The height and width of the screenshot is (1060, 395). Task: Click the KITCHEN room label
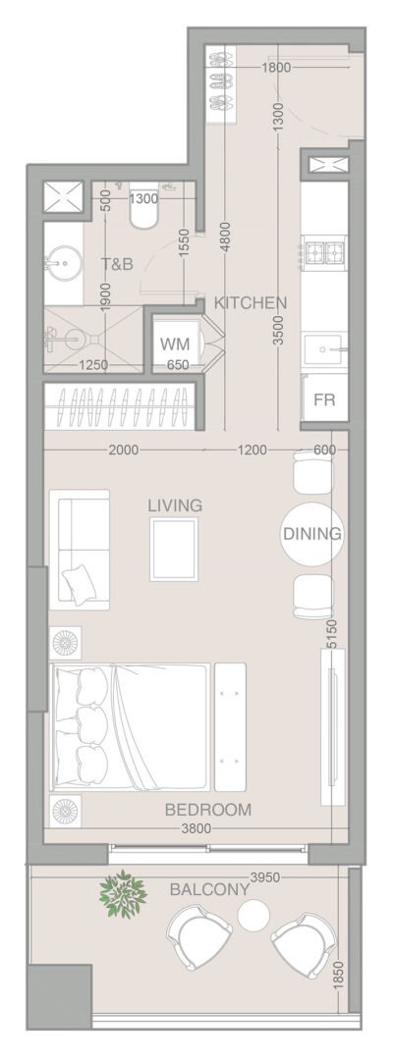pyautogui.click(x=251, y=303)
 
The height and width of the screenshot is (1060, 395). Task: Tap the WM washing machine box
pyautogui.click(x=175, y=344)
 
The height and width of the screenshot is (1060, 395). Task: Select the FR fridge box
pyautogui.click(x=324, y=398)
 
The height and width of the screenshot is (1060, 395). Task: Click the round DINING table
pyautogui.click(x=311, y=534)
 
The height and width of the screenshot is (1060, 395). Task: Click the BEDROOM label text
pyautogui.click(x=208, y=809)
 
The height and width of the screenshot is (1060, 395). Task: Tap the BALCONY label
pyautogui.click(x=209, y=890)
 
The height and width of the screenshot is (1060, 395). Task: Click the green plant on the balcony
pyautogui.click(x=123, y=894)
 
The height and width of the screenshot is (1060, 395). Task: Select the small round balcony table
pyautogui.click(x=254, y=916)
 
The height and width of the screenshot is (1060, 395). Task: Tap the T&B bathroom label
pyautogui.click(x=118, y=264)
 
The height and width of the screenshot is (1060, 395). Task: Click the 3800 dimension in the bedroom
pyautogui.click(x=197, y=828)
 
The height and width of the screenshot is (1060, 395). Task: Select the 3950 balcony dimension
pyautogui.click(x=264, y=877)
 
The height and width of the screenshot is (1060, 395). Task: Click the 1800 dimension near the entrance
pyautogui.click(x=276, y=68)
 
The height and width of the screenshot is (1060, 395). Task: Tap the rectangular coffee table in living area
pyautogui.click(x=174, y=550)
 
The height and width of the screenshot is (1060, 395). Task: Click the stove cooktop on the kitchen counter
pyautogui.click(x=325, y=253)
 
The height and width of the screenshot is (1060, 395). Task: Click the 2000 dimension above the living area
pyautogui.click(x=124, y=450)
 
